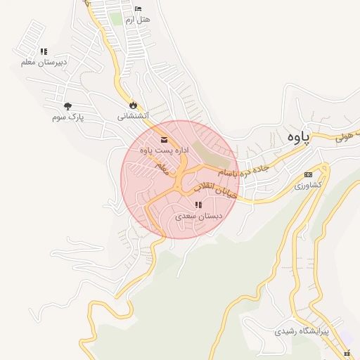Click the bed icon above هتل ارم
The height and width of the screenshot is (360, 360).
coord(137,9)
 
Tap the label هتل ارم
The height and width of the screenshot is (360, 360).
coord(137,20)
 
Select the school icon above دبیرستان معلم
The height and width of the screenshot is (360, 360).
coord(44,51)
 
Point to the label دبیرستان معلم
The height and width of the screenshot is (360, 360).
coord(44,63)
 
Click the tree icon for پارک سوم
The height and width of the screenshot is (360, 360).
coord(67,106)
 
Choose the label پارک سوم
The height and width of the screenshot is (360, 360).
coord(67,117)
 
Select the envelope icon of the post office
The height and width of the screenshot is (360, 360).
coord(164,139)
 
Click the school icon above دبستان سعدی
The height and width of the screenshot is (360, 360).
coord(199,205)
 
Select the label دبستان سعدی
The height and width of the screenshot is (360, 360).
coord(199,217)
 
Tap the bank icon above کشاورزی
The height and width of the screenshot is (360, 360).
coord(308,174)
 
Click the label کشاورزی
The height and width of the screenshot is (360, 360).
coord(308,185)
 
